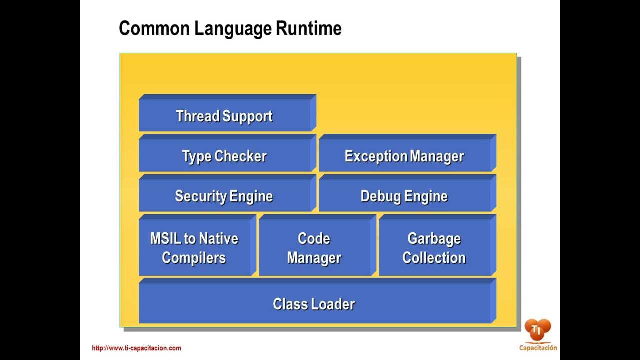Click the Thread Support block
point(225,116)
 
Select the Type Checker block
point(225,156)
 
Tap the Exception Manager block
point(404,156)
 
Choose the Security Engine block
point(225,196)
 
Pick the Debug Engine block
point(404,196)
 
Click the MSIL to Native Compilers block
point(195,248)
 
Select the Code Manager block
point(314,248)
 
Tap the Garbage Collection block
point(434,248)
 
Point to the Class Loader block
point(314,304)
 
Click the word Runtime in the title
point(309,28)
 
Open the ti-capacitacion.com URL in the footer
point(136,348)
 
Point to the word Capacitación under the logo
point(538,348)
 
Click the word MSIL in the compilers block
point(166,238)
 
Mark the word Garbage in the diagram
point(434,238)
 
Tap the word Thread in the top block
point(198,116)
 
